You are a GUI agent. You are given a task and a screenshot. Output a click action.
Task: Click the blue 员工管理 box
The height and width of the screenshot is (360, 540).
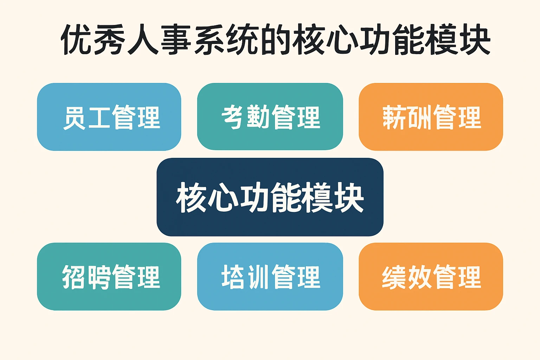(x=109, y=117)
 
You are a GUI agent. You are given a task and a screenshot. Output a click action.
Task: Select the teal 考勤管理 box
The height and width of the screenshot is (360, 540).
(x=270, y=117)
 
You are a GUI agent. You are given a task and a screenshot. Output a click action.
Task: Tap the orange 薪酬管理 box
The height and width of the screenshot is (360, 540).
(x=431, y=117)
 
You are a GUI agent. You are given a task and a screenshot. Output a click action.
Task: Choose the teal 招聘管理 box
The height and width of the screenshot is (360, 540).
(x=109, y=277)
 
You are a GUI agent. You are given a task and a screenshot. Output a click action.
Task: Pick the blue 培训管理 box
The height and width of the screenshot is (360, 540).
(x=270, y=277)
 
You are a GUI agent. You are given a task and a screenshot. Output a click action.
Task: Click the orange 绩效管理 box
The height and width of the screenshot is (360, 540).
(x=431, y=277)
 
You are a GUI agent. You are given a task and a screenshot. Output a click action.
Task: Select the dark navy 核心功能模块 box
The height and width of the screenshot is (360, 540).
(x=270, y=197)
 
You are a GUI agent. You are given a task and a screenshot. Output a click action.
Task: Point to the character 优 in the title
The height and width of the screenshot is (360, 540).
(x=77, y=39)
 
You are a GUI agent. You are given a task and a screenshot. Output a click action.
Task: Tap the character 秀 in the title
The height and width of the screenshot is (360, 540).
(x=109, y=39)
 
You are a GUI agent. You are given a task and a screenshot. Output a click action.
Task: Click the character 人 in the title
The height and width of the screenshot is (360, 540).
(x=142, y=39)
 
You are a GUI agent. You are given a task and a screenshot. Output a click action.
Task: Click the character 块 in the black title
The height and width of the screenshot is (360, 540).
(x=475, y=39)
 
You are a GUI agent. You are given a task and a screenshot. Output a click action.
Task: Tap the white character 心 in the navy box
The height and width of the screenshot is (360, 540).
(x=223, y=198)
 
